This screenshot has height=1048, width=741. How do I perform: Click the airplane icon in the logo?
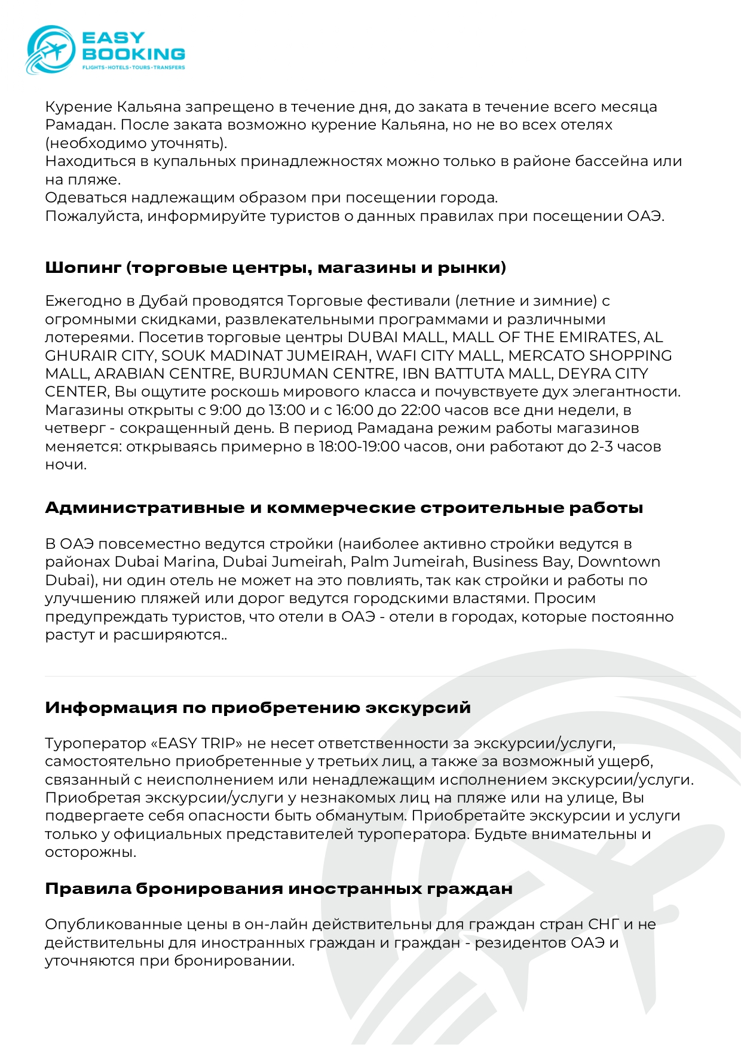[52, 50]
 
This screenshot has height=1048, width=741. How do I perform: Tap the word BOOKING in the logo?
[133, 54]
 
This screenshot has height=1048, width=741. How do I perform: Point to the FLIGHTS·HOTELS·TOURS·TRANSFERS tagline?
[133, 67]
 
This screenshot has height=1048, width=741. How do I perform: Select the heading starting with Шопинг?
[275, 268]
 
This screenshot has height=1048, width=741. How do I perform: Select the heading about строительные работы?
[344, 508]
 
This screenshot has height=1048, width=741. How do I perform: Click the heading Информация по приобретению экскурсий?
[258, 708]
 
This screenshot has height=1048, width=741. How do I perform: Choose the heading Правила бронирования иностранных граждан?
[278, 889]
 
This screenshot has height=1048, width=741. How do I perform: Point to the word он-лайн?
[275, 924]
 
